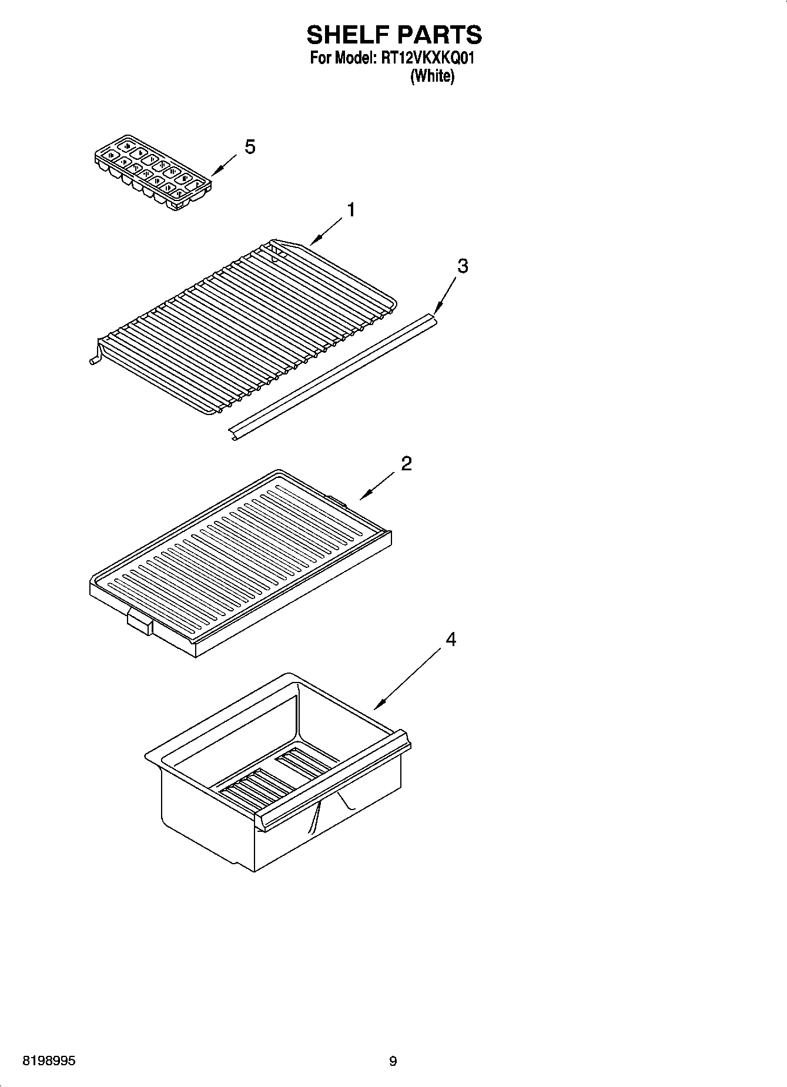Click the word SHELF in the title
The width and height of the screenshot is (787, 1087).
[x=346, y=35]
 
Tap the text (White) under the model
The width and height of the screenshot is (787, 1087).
[x=432, y=76]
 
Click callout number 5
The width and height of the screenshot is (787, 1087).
[x=250, y=147]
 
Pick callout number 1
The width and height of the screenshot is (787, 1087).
[x=351, y=210]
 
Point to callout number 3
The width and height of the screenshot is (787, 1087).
[x=463, y=266]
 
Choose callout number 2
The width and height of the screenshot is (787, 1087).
[x=406, y=464]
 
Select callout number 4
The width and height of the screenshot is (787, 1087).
[x=451, y=639]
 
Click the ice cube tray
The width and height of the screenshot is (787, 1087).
[x=153, y=172]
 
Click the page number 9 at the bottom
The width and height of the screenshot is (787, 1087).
[x=393, y=1061]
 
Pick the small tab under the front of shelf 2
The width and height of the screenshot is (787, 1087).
[x=139, y=623]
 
